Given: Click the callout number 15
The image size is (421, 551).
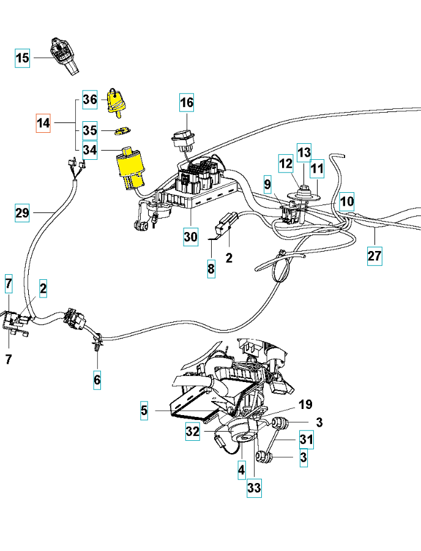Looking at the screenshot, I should click(22, 58).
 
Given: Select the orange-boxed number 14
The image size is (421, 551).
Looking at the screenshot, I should click(43, 123).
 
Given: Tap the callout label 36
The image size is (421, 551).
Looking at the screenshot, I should click(90, 100).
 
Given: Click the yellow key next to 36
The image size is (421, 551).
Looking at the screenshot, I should click(115, 101).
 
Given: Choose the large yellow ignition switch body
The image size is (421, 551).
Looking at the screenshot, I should click(132, 167).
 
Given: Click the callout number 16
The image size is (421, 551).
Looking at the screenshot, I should click(187, 102).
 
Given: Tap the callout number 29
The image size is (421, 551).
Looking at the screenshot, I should click(22, 214).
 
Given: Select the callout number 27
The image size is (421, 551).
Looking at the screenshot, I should click(374, 257).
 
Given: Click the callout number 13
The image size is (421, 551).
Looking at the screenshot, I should click(304, 151).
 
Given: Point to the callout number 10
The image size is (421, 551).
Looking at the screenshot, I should click(347, 201).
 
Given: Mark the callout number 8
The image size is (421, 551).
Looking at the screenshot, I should click(210, 269).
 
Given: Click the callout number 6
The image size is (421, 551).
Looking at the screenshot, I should click(97, 380).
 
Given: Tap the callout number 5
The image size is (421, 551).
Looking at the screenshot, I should click(144, 410).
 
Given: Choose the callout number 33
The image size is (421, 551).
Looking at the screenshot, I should click(254, 488).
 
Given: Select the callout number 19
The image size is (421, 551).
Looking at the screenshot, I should click(305, 404).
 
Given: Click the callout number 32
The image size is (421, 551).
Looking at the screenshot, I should click(193, 432).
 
